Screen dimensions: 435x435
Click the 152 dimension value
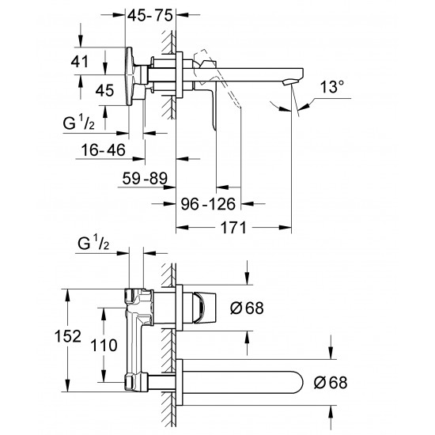point(70,336)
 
